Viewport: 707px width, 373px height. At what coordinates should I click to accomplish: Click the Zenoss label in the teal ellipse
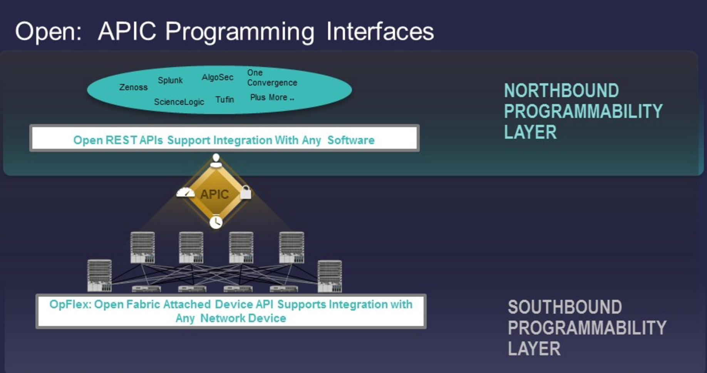click(133, 87)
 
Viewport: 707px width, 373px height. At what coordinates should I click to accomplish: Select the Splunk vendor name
click(170, 81)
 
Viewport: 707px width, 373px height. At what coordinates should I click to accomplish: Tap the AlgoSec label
click(218, 77)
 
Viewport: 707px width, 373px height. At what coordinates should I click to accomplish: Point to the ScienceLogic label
click(179, 102)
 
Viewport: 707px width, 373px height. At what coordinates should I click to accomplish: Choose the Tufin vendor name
click(224, 99)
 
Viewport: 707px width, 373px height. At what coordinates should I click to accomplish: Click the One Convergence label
click(272, 77)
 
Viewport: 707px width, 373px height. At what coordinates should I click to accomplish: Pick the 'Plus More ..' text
click(272, 97)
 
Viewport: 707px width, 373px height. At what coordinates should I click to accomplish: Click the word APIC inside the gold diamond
click(214, 194)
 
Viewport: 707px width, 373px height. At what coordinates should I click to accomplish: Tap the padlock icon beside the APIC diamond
click(246, 192)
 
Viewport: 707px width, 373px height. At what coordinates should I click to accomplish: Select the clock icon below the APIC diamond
click(216, 222)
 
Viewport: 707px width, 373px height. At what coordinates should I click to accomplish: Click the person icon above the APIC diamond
click(216, 160)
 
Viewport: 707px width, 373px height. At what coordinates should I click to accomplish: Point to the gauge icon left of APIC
click(186, 192)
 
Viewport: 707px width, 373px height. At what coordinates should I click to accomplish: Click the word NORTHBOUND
click(561, 91)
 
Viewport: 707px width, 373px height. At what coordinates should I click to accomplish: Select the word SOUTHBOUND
click(565, 307)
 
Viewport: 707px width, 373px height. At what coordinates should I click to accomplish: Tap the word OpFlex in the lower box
click(70, 304)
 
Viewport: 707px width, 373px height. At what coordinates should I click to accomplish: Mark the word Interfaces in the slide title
click(380, 31)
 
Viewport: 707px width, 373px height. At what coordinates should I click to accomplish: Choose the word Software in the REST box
click(351, 140)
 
